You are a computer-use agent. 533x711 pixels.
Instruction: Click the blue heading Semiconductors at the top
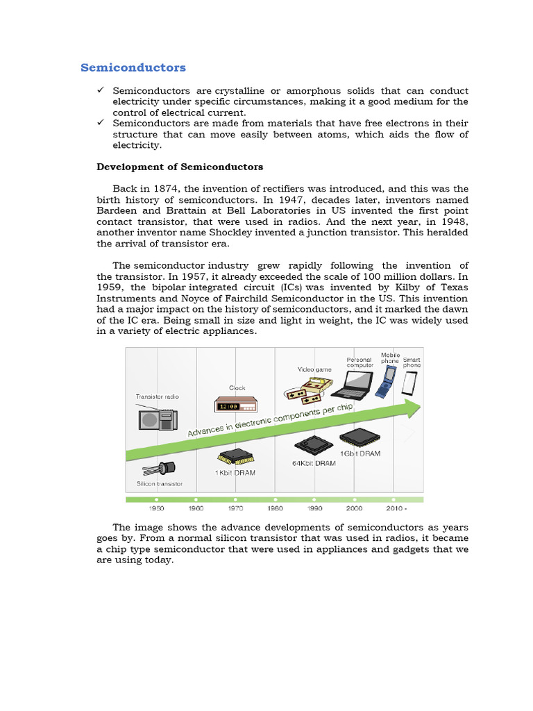click(133, 67)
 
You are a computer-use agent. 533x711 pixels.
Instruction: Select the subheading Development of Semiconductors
click(180, 167)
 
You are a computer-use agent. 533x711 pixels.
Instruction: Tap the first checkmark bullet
click(100, 91)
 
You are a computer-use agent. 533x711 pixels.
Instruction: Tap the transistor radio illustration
click(157, 419)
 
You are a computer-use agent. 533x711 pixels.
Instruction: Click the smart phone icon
click(411, 383)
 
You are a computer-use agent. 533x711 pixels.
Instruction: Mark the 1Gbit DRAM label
click(360, 453)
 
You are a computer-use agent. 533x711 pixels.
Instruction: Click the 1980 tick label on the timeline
click(276, 508)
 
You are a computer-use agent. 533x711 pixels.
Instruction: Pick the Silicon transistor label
click(160, 483)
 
